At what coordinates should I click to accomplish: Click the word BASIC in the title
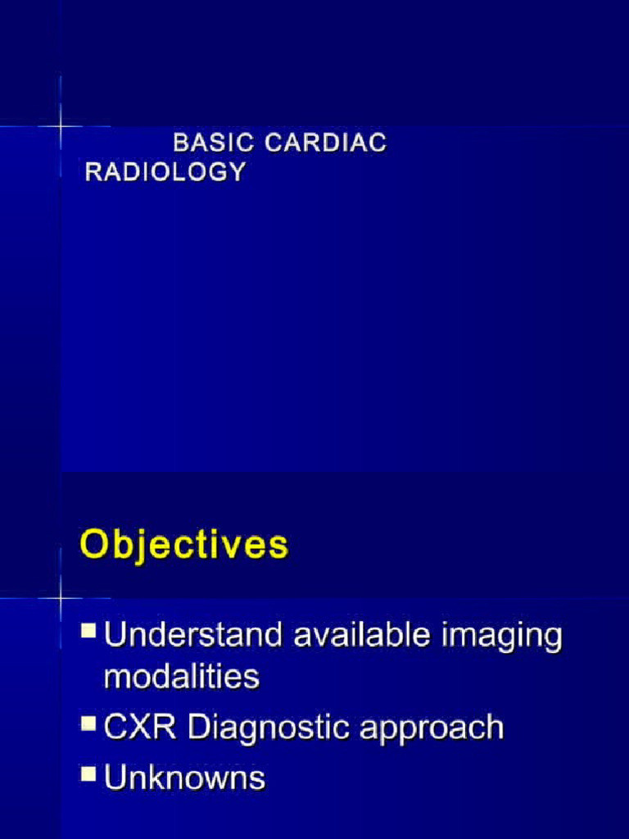tap(214, 143)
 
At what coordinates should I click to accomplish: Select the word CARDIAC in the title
tap(325, 143)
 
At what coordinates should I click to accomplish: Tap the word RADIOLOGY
tap(165, 172)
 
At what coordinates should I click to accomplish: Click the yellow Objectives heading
tap(184, 546)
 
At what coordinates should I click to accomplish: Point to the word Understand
tap(197, 636)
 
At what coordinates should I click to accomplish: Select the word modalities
tap(182, 677)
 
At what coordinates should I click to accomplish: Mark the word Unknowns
tap(185, 777)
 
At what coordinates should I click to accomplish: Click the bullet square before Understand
tap(88, 631)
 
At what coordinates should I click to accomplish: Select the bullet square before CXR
tap(88, 723)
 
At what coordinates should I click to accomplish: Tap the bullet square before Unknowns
tap(88, 773)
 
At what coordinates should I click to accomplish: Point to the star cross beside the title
tap(61, 126)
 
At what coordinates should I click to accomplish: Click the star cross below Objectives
tap(61, 597)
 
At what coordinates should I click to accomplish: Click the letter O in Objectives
tap(95, 546)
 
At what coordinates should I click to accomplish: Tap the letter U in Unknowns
tap(115, 777)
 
